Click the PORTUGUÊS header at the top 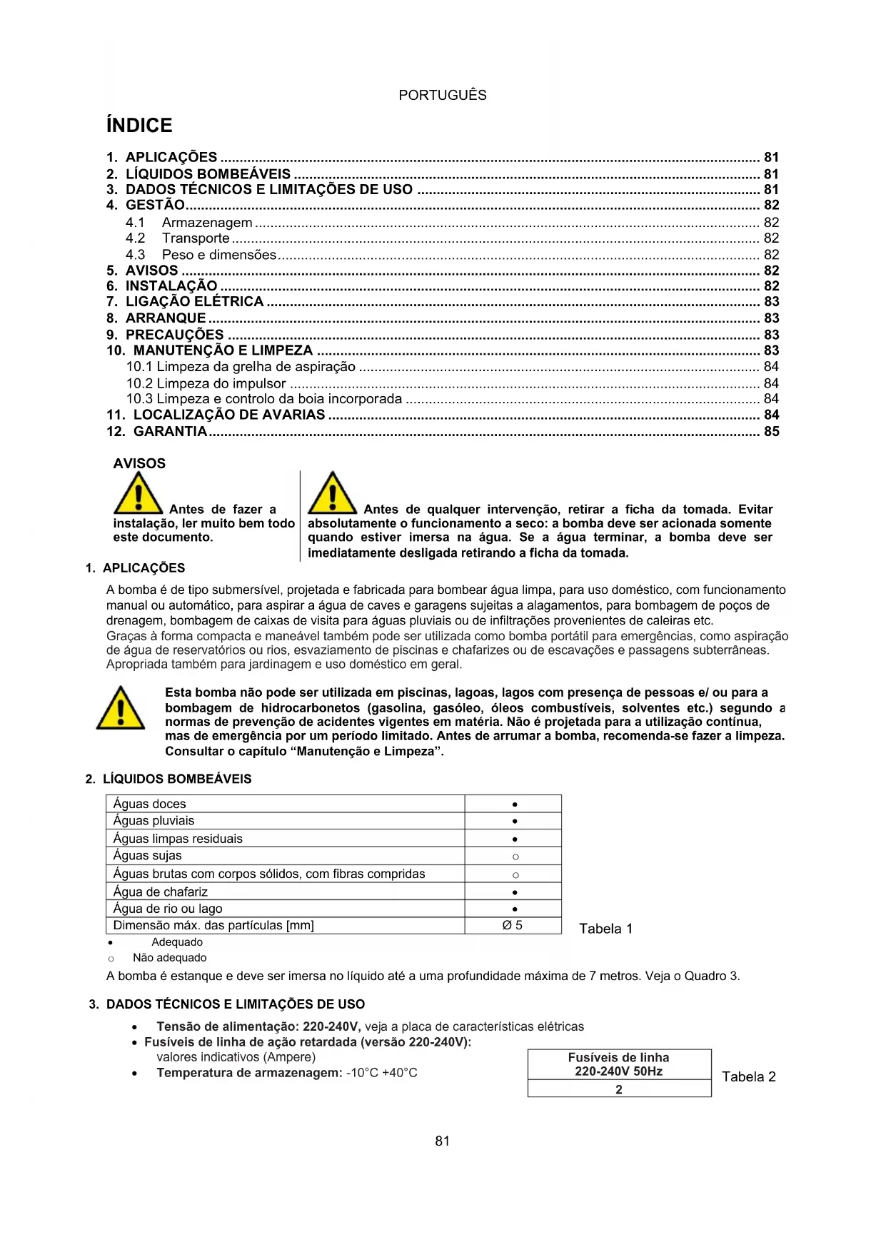[x=442, y=95]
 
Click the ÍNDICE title [x=139, y=126]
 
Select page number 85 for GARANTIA [x=771, y=431]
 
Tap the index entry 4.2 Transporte [x=178, y=238]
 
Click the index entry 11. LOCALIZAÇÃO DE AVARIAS [x=216, y=415]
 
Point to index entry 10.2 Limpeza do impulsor [x=206, y=383]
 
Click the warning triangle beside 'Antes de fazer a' [x=138, y=494]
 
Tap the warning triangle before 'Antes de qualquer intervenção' [x=332, y=494]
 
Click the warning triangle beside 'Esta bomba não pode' [x=121, y=709]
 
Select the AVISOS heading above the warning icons [x=139, y=463]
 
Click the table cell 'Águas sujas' [x=148, y=856]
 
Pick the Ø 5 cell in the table [x=513, y=925]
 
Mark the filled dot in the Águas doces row [x=515, y=804]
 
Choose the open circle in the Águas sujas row [x=515, y=857]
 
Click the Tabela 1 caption [x=605, y=929]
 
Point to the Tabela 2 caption [x=748, y=1076]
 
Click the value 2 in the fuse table [x=619, y=1089]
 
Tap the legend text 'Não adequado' [x=169, y=958]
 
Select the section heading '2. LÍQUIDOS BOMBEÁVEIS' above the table [x=168, y=779]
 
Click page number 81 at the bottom [x=442, y=1141]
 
